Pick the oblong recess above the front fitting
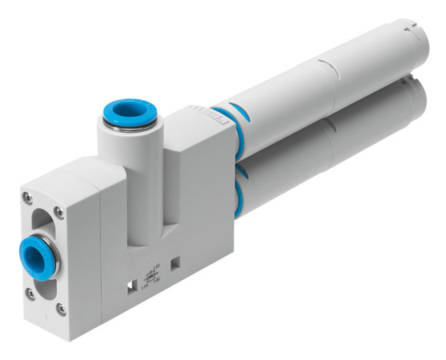(x=40, y=217)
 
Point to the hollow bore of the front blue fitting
(x=34, y=258)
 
